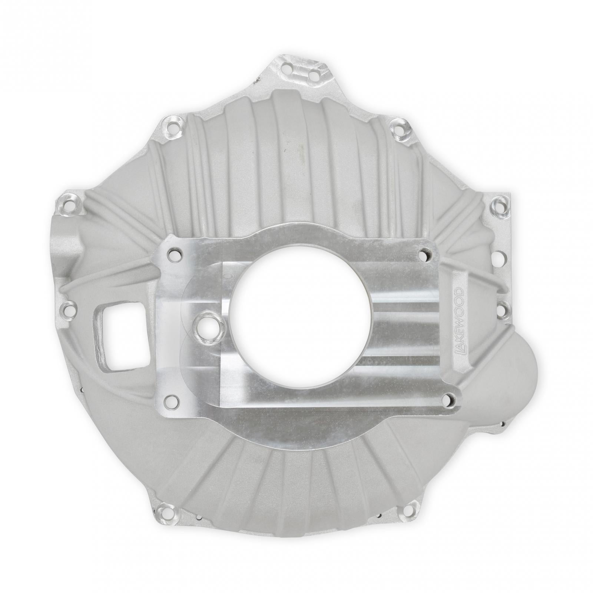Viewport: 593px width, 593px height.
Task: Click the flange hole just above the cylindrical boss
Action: (x=68, y=203)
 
